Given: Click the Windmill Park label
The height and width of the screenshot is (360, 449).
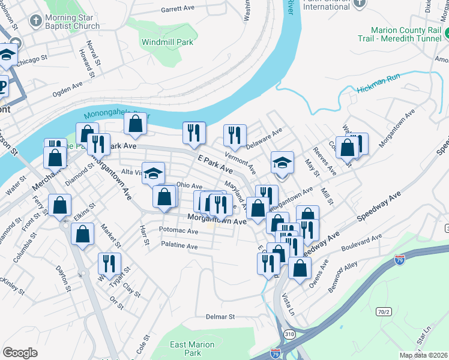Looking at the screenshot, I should pyautogui.click(x=167, y=43).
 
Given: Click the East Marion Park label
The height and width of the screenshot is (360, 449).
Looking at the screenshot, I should pyautogui.click(x=192, y=349).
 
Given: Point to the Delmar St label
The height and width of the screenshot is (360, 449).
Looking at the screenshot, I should pyautogui.click(x=220, y=316).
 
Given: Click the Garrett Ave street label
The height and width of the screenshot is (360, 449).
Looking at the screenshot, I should pyautogui.click(x=178, y=10).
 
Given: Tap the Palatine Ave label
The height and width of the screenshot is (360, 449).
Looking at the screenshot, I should pyautogui.click(x=179, y=245).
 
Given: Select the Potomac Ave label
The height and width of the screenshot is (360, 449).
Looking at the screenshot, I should pyautogui.click(x=179, y=230).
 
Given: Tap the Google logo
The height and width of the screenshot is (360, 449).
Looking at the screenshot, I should pyautogui.click(x=20, y=352).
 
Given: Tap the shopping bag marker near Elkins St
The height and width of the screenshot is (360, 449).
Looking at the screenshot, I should pyautogui.click(x=60, y=205).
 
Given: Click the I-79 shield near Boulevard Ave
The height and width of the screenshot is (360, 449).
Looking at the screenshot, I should pyautogui.click(x=400, y=260).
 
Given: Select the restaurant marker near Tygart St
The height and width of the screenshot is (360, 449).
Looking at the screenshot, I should pyautogui.click(x=109, y=263).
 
